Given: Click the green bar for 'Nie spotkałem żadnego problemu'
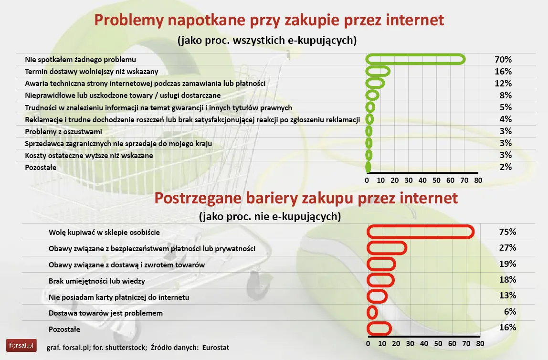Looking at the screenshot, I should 415,59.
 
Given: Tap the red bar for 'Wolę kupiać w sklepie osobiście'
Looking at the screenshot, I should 421,232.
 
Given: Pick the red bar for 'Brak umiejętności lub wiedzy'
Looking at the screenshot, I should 380,280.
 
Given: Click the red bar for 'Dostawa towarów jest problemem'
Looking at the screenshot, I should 372,313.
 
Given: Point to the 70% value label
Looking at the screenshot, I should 503,60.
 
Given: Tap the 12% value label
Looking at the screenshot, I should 503,84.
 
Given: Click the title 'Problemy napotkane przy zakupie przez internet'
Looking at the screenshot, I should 269,21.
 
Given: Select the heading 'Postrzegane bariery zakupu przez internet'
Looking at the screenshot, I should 306,198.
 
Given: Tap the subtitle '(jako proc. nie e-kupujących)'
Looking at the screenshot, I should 270,216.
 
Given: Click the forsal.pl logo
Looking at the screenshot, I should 21,344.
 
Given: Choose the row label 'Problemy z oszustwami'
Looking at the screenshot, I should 63,131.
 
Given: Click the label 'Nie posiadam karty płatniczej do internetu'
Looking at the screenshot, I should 119,297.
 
